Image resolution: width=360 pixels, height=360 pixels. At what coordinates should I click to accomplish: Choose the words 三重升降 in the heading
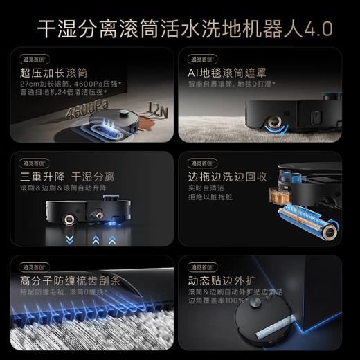click(35, 178)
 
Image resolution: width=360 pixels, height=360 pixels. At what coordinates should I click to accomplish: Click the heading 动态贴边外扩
click(218, 282)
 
